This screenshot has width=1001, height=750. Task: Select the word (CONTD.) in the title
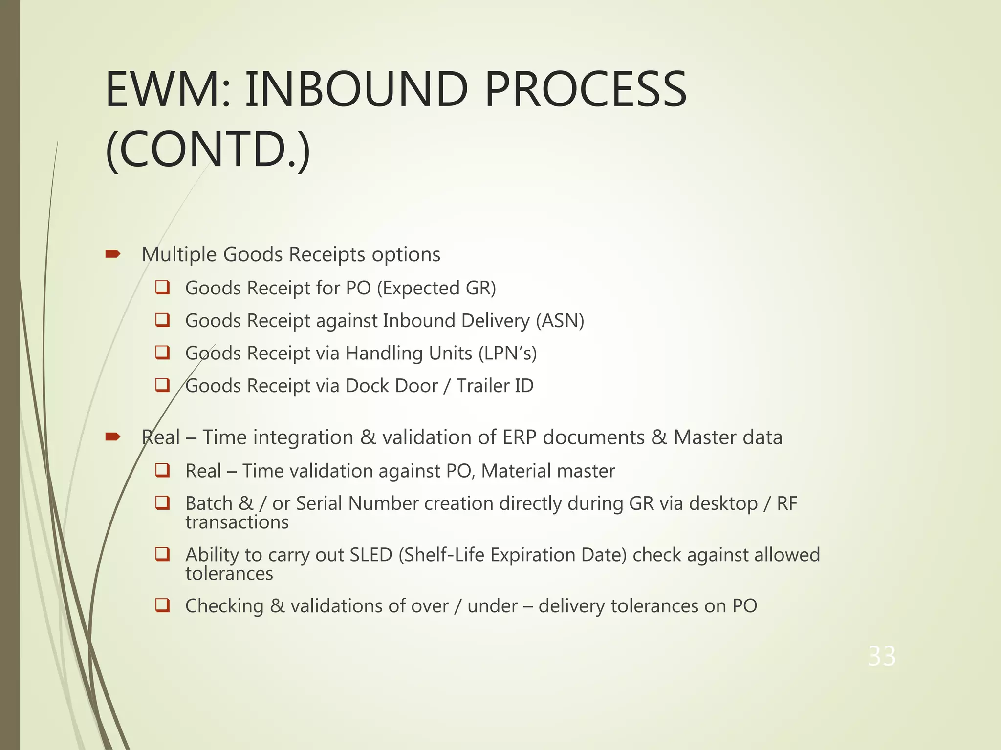click(208, 148)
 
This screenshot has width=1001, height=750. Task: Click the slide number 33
click(882, 656)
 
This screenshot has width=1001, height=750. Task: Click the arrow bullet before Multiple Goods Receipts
click(113, 253)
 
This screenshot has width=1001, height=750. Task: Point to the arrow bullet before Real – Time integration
click(113, 437)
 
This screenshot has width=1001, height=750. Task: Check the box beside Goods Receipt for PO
click(162, 287)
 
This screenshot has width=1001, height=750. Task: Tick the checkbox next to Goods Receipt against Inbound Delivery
click(162, 320)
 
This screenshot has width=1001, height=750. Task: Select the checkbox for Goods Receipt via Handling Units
click(162, 352)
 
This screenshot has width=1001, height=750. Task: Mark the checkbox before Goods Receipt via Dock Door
click(162, 385)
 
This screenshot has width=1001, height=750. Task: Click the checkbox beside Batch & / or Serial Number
click(162, 502)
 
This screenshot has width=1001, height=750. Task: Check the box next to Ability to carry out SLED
click(162, 554)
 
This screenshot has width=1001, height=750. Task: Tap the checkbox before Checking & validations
click(162, 605)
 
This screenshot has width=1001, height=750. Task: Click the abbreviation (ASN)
click(560, 321)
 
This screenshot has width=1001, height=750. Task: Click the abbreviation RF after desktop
click(787, 503)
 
